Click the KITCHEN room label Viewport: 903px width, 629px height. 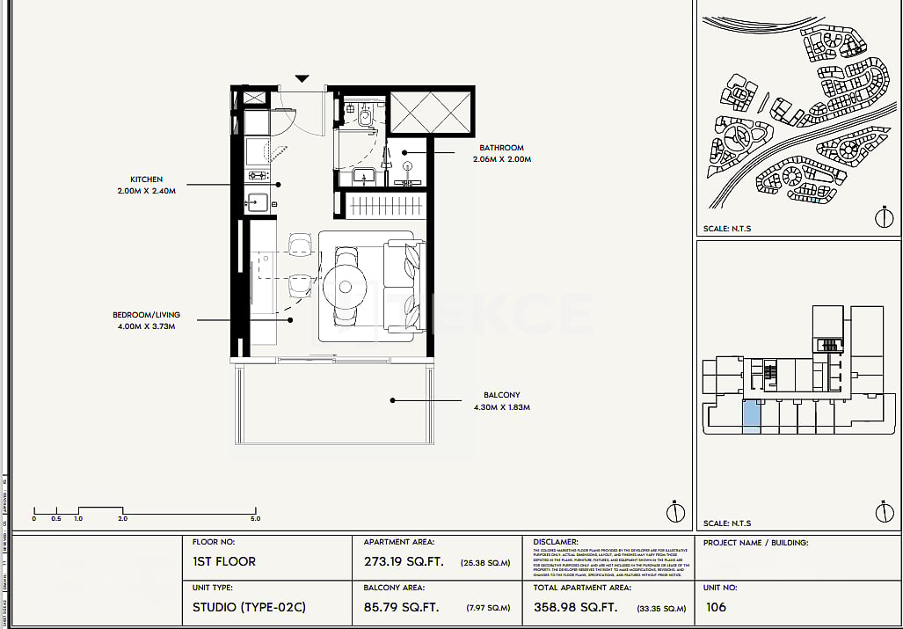coord(146,179)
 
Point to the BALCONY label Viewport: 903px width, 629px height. coord(501,396)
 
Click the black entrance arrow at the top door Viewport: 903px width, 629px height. coord(302,79)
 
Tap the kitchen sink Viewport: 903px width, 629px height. coord(258,202)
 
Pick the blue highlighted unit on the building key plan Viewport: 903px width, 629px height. coord(752,415)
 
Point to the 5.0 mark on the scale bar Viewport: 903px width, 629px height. coord(255,519)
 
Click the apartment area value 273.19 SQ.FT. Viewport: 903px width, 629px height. coord(404,561)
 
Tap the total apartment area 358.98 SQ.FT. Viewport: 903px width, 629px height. coord(575,607)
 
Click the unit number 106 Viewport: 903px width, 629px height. coord(716,607)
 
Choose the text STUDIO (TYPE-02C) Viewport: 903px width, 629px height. coord(249,607)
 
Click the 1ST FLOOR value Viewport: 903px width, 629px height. coord(224,561)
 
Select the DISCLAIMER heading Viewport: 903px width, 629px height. coord(556,543)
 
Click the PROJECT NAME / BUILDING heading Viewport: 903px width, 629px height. coord(755,543)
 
